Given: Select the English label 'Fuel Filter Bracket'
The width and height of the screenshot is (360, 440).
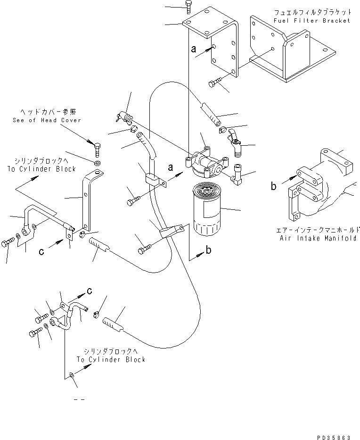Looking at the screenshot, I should click(312, 21).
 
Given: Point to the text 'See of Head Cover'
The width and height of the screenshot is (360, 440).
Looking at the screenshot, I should click(47, 120).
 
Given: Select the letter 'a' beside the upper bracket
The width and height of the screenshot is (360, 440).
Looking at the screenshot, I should click(193, 48).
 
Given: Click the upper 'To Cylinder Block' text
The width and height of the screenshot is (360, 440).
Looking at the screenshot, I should click(41, 169).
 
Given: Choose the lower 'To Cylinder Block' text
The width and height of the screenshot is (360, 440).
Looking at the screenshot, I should click(111, 359).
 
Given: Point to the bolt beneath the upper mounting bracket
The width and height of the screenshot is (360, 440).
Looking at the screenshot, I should click(216, 83).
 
